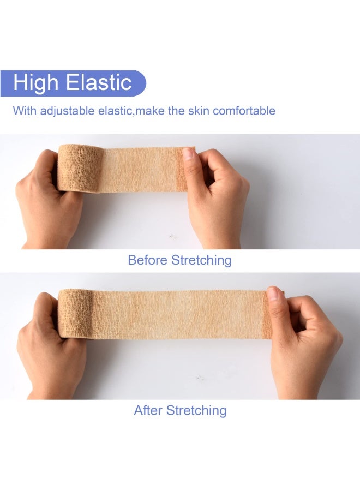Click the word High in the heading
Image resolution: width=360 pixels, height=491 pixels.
pyautogui.click(x=35, y=83)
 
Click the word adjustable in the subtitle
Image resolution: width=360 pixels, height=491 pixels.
pyautogui.click(x=68, y=111)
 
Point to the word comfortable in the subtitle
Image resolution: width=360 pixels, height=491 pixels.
pyautogui.click(x=244, y=111)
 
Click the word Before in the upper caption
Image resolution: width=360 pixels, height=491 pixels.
pyautogui.click(x=147, y=260)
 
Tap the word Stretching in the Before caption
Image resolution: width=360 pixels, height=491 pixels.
pyautogui.click(x=201, y=261)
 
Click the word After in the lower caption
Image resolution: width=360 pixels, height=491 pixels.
pyautogui.click(x=148, y=410)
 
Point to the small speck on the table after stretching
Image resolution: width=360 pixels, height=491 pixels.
pyautogui.click(x=200, y=378)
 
